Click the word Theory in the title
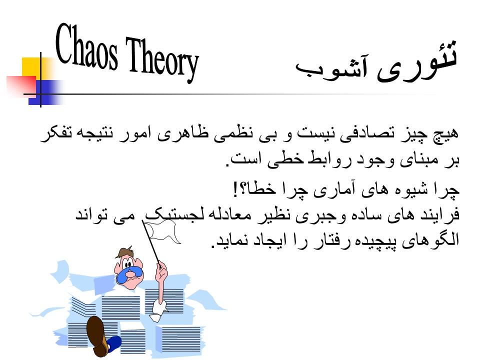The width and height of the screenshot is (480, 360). tap(162, 59)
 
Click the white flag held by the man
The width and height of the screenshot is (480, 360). tap(162, 230)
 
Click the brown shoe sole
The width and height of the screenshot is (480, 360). tap(96, 335)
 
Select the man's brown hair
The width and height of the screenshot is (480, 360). tap(126, 252)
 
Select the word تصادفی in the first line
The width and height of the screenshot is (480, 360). tap(363, 134)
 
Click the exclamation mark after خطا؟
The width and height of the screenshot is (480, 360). tap(235, 189)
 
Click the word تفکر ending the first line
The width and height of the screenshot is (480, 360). tap(54, 134)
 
